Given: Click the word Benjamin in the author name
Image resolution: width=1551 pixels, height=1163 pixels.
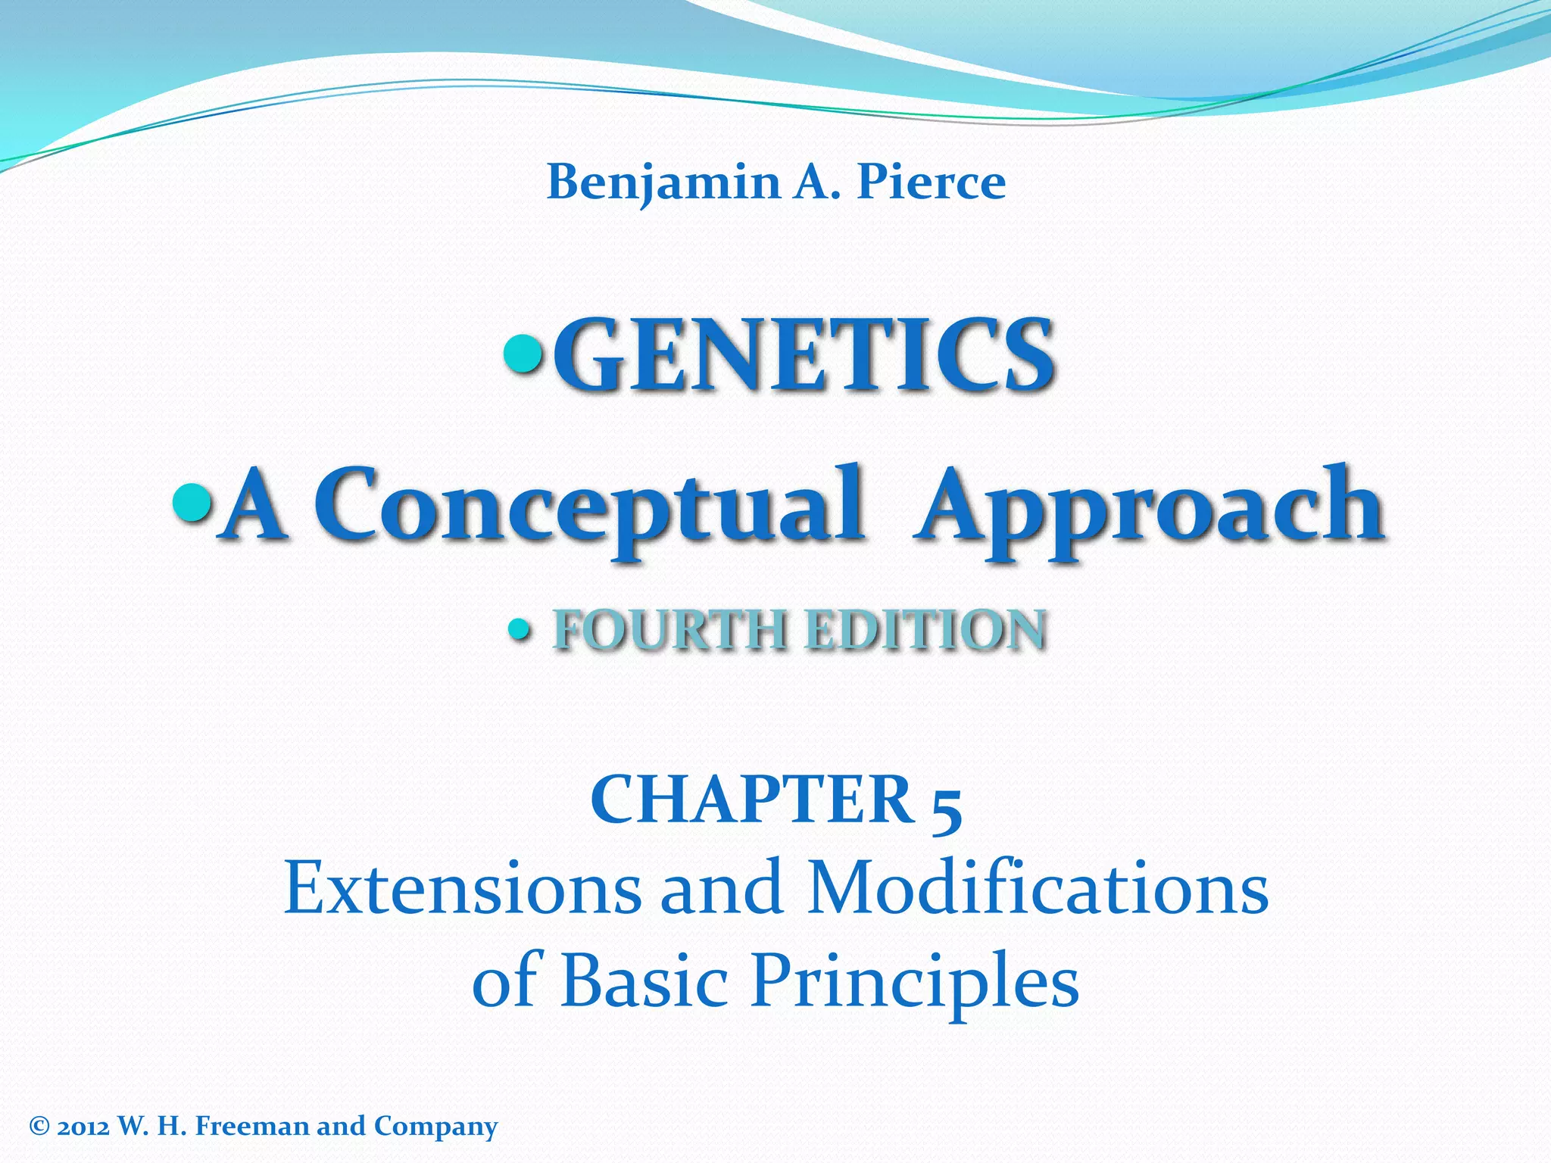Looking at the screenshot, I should pyautogui.click(x=653, y=183).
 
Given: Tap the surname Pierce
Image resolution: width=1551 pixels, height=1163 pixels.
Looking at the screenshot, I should pyautogui.click(x=931, y=183).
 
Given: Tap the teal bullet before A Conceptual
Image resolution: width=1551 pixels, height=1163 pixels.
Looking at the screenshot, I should pyautogui.click(x=192, y=501).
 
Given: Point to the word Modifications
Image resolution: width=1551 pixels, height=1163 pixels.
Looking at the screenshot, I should pyautogui.click(x=1037, y=889).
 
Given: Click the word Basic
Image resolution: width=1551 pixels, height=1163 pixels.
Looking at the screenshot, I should pyautogui.click(x=644, y=980).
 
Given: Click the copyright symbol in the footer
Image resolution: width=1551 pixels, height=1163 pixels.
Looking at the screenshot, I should pyautogui.click(x=39, y=1127).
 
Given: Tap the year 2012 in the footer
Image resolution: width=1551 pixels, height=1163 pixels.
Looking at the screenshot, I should pyautogui.click(x=83, y=1127).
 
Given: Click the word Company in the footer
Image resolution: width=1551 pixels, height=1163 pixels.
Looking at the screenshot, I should pyautogui.click(x=435, y=1127).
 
